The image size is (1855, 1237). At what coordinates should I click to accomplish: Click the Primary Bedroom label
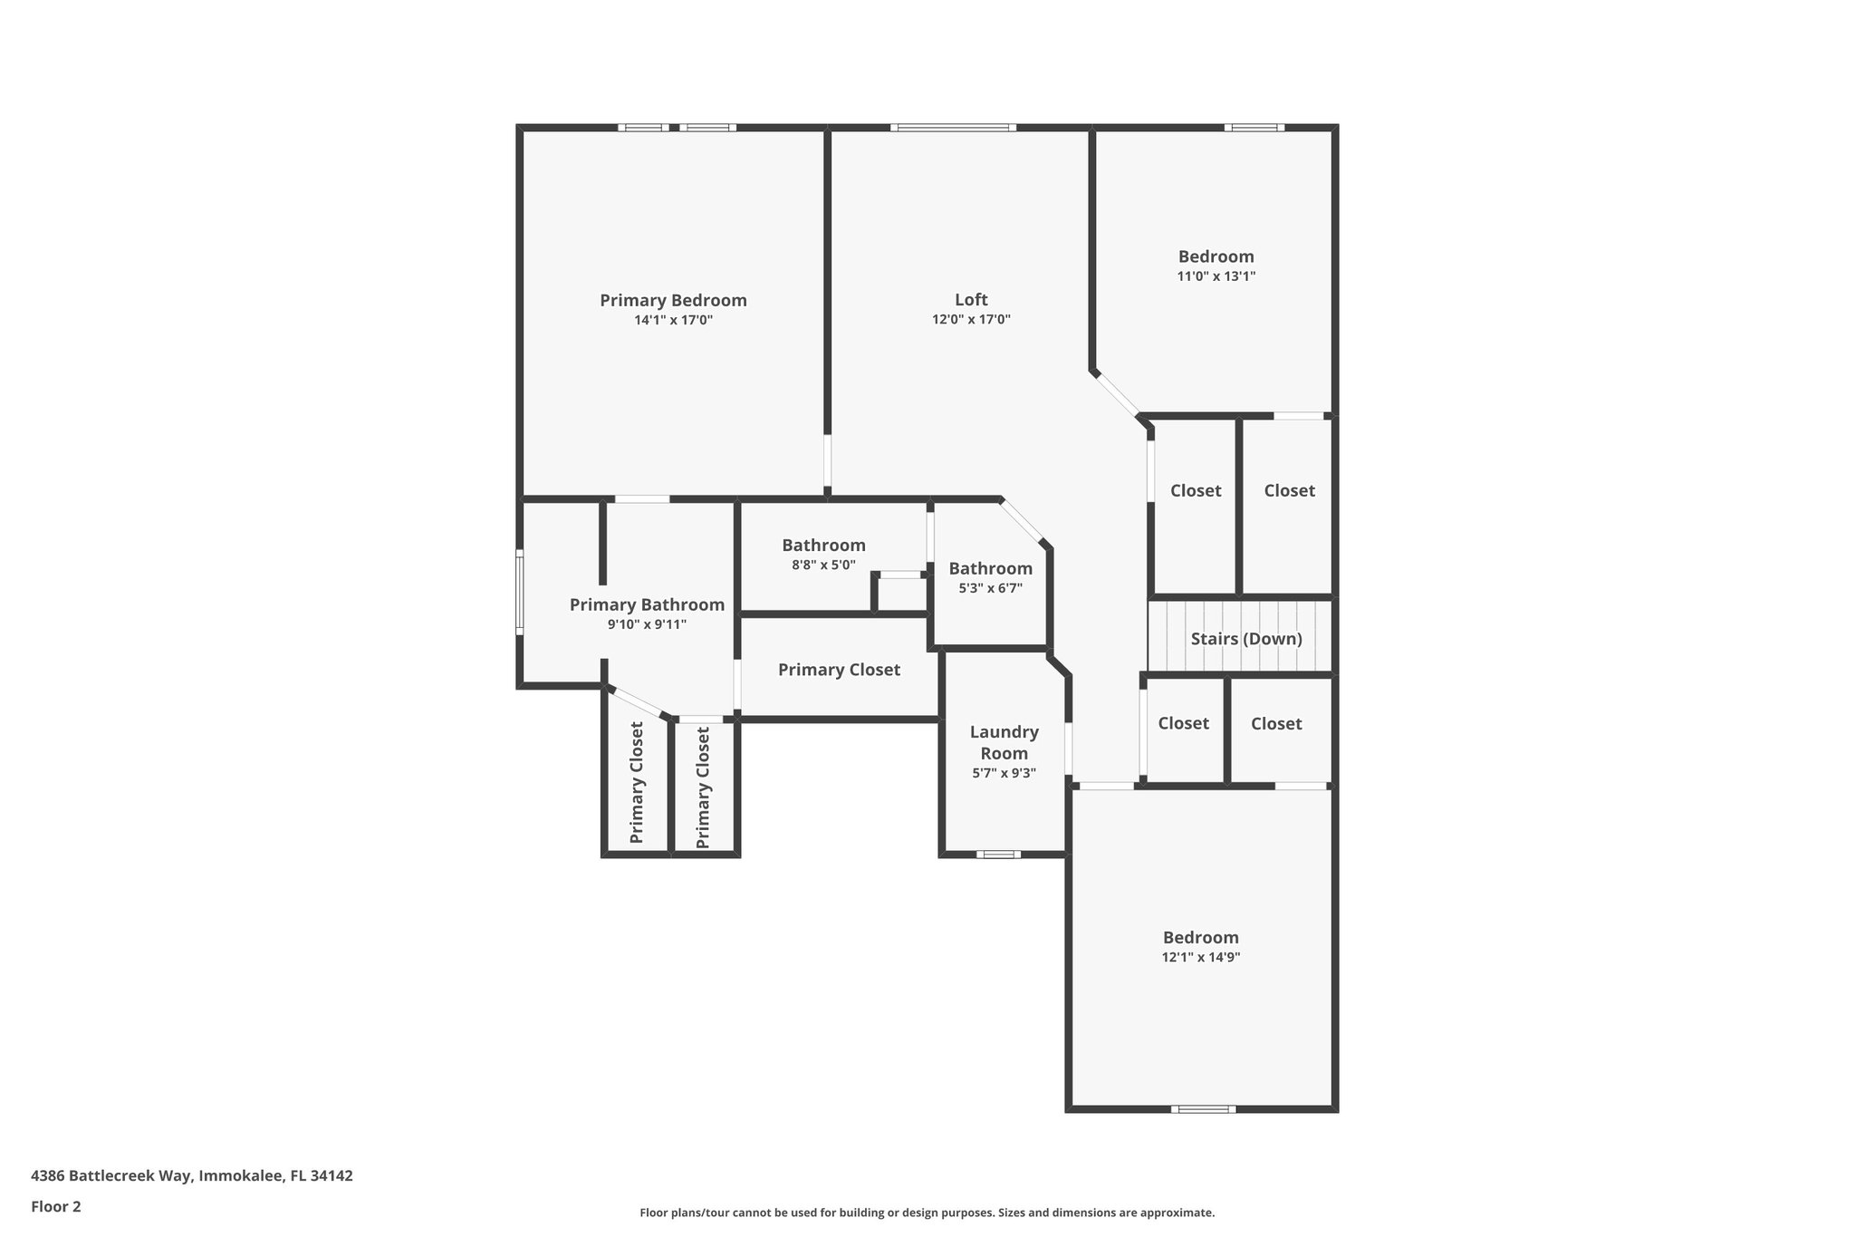click(x=673, y=300)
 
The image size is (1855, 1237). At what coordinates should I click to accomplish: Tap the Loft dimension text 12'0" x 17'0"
click(x=971, y=320)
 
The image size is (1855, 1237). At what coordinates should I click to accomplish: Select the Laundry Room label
click(x=1004, y=742)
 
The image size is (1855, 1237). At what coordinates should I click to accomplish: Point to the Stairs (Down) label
click(x=1246, y=639)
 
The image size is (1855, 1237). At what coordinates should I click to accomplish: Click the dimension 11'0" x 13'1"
click(x=1216, y=276)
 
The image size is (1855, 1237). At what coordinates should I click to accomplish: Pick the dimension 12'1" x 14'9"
click(x=1200, y=957)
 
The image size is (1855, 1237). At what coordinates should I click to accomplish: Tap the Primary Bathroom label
click(x=647, y=604)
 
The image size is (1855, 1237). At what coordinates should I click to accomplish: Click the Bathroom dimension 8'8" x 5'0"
click(x=823, y=565)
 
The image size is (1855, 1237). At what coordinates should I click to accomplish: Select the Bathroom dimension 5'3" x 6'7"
click(x=990, y=588)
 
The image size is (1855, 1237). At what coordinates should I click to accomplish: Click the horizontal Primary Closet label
click(x=839, y=670)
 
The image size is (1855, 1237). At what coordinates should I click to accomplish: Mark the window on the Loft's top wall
click(x=952, y=128)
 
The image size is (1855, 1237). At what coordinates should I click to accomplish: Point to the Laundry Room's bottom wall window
click(x=998, y=854)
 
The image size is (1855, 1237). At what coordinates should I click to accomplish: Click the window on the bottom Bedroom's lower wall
click(x=1203, y=1108)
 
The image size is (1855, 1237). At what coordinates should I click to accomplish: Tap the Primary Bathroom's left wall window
click(x=520, y=592)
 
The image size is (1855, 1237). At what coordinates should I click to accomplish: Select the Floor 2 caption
click(x=56, y=1206)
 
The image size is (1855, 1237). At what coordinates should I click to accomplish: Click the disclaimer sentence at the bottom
click(x=927, y=1213)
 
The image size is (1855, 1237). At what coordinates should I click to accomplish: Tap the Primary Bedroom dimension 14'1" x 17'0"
click(x=673, y=320)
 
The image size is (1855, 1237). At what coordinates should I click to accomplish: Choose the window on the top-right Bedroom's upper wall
click(x=1254, y=128)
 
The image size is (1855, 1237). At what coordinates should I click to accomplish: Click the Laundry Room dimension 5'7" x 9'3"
click(x=1004, y=773)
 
